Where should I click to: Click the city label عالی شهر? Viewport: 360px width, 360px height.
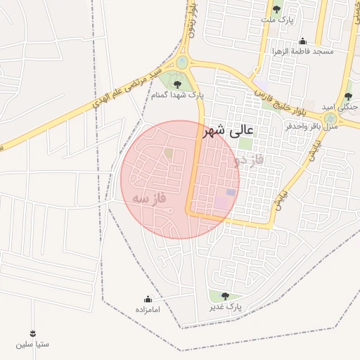(230, 131)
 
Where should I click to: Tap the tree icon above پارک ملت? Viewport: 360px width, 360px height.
(276, 10)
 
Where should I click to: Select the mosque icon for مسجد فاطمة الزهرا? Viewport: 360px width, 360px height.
(302, 41)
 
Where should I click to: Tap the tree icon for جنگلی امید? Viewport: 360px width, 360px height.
(348, 96)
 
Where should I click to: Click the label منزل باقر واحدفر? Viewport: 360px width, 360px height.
(314, 127)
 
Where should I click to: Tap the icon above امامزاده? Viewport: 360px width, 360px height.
(148, 299)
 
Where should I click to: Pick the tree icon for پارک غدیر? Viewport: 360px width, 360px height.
(225, 296)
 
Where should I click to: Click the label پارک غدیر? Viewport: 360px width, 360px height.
(225, 307)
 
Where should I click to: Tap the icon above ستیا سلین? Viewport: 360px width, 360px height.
(33, 333)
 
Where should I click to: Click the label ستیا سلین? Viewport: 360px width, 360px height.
(33, 345)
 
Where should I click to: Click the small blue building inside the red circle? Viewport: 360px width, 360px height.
(231, 192)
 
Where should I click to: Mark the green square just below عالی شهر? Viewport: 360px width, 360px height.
(245, 144)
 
